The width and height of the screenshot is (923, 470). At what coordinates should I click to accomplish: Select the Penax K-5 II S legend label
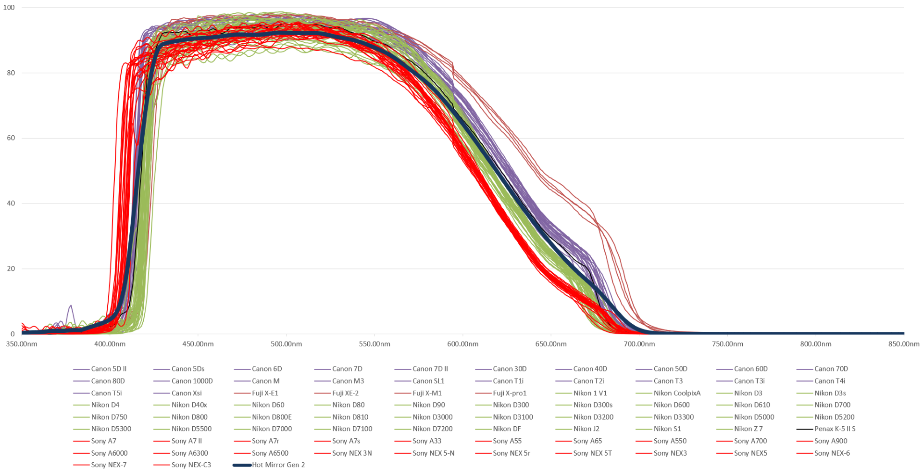(x=835, y=429)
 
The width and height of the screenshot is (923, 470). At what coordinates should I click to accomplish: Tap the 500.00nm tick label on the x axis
(x=286, y=344)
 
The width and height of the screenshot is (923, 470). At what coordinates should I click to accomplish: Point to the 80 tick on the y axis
(x=11, y=73)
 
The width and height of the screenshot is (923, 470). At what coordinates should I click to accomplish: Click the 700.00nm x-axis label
(x=639, y=344)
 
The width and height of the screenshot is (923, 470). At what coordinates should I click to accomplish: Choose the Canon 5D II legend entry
(x=109, y=369)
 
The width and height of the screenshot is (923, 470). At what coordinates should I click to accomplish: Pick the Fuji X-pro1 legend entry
(x=510, y=393)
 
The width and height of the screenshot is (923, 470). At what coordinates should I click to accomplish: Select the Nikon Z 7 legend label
(x=748, y=429)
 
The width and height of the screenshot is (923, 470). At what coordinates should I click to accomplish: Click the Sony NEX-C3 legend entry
(x=191, y=465)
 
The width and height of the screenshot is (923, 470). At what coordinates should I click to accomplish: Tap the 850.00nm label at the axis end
(x=903, y=344)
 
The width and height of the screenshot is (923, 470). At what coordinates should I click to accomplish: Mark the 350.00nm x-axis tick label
(x=22, y=344)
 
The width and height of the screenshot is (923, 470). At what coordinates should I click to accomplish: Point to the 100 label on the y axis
(x=9, y=8)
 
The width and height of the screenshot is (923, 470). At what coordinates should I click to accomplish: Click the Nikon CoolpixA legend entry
(x=677, y=393)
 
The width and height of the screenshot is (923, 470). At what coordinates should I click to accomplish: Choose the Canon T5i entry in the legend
(x=106, y=393)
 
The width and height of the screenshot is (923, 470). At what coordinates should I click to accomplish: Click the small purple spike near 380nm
(x=71, y=306)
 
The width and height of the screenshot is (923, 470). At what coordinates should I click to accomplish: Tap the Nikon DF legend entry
(x=507, y=429)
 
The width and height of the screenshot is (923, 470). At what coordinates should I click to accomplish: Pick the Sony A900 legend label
(x=831, y=441)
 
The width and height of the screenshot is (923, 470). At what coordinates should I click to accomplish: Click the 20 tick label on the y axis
(x=11, y=269)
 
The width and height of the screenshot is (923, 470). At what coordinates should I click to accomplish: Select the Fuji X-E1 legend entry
(x=265, y=393)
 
